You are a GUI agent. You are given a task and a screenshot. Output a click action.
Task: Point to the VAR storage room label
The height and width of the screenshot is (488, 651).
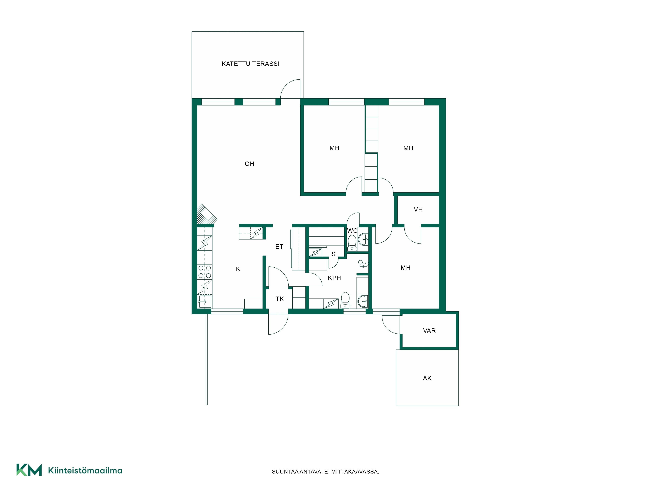[x=429, y=331]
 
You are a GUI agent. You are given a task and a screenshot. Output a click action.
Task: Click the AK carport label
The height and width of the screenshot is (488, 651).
[x=427, y=378]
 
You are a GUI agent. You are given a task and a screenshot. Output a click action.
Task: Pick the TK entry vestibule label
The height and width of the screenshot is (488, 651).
[x=280, y=299]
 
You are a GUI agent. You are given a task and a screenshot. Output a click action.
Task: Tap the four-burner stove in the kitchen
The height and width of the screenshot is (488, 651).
[x=205, y=272]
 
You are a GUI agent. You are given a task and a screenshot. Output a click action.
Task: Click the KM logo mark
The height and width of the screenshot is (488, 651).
[x=29, y=470]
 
